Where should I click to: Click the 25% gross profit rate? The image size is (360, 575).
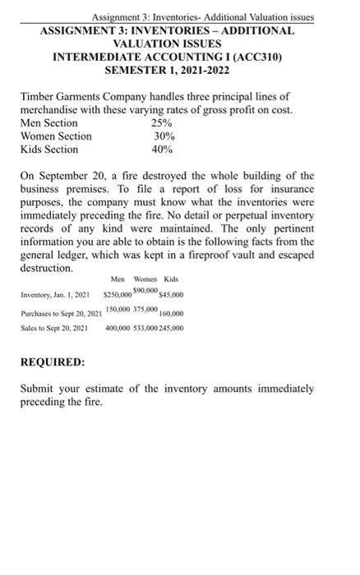[x=162, y=122]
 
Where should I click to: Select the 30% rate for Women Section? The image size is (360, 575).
[x=163, y=136]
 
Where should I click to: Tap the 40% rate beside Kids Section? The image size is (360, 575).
[x=163, y=149]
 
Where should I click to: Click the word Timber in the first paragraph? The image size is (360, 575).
[x=38, y=96]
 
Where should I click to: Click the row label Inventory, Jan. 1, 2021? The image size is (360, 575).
[x=53, y=296]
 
